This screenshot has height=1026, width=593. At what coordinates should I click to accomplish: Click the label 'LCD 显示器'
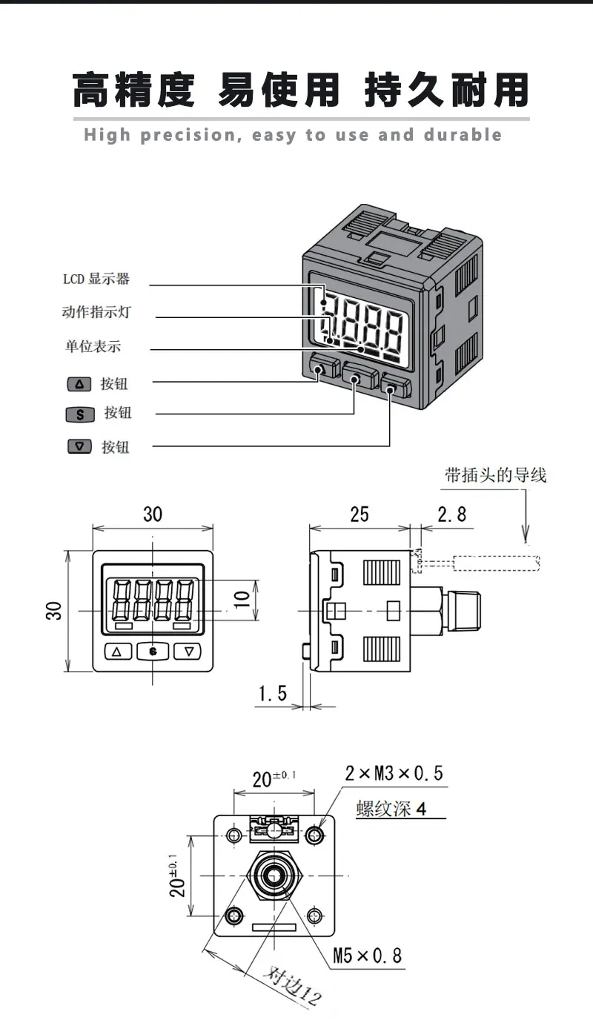96,279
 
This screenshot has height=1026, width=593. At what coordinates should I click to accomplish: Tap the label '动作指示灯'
96,312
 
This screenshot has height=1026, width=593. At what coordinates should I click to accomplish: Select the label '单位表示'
93,345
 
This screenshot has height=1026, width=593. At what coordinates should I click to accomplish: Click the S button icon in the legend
80,414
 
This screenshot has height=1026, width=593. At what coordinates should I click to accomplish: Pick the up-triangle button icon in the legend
79,384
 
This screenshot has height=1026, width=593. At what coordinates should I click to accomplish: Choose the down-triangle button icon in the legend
79,446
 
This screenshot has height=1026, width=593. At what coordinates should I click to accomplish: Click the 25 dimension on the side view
360,514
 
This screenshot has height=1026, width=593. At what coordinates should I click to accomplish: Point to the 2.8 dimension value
452,514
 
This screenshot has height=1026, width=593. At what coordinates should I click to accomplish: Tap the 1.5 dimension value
273,693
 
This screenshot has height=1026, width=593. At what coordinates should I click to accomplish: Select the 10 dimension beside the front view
242,600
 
